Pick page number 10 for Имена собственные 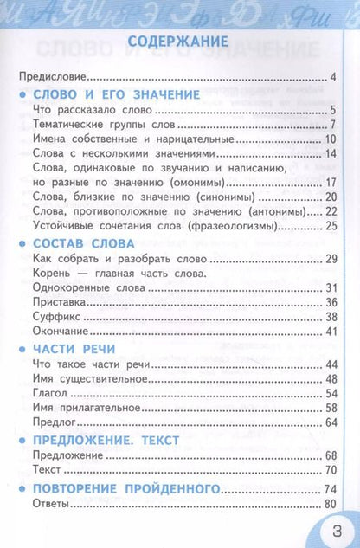[330, 139]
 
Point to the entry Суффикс [50, 318]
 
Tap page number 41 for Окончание [330, 332]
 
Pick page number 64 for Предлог [330, 422]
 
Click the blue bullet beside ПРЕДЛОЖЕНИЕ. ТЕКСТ [20, 440]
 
